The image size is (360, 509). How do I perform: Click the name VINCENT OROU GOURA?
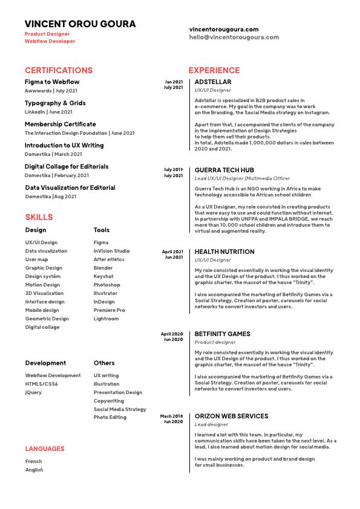80,24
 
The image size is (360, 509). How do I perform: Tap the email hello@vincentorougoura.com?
234,37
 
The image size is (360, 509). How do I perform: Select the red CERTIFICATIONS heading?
59,70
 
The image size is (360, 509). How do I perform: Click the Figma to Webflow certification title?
52,82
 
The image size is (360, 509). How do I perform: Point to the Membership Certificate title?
60,124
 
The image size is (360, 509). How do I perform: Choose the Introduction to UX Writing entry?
64,145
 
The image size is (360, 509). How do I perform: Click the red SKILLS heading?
39,217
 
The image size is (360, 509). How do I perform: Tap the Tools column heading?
102,230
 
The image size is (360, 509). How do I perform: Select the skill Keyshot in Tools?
103,276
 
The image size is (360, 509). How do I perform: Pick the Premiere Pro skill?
109,310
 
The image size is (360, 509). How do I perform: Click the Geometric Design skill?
47,319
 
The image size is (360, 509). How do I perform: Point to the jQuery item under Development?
33,392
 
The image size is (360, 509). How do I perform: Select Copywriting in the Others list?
109,401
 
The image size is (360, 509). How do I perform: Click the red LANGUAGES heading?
45,449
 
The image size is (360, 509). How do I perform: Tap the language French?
34,461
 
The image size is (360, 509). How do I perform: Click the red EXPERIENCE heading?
214,70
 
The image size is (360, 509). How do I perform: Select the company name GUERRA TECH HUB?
224,170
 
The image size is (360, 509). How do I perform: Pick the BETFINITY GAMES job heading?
222,334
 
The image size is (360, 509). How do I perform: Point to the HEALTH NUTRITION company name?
224,251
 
